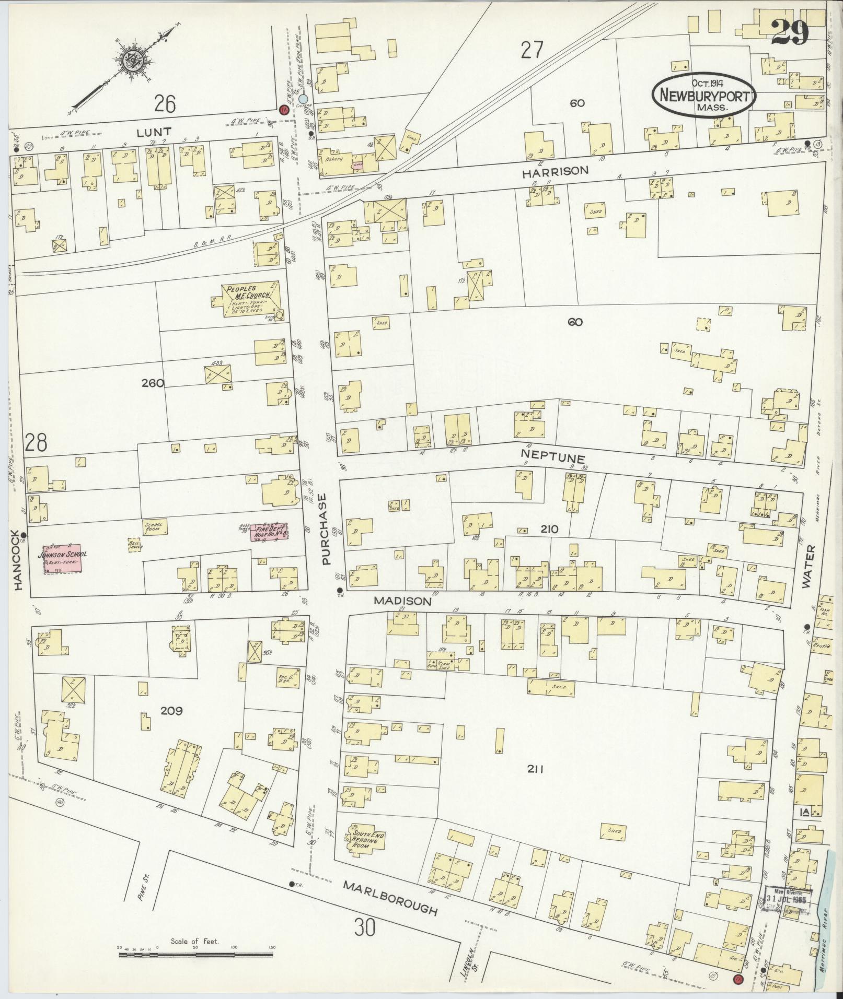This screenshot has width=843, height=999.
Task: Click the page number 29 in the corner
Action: [790, 32]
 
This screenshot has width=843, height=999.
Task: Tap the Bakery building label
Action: [333, 158]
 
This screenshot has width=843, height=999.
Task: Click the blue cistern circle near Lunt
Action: [303, 98]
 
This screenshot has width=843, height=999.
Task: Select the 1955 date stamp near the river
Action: [788, 899]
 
